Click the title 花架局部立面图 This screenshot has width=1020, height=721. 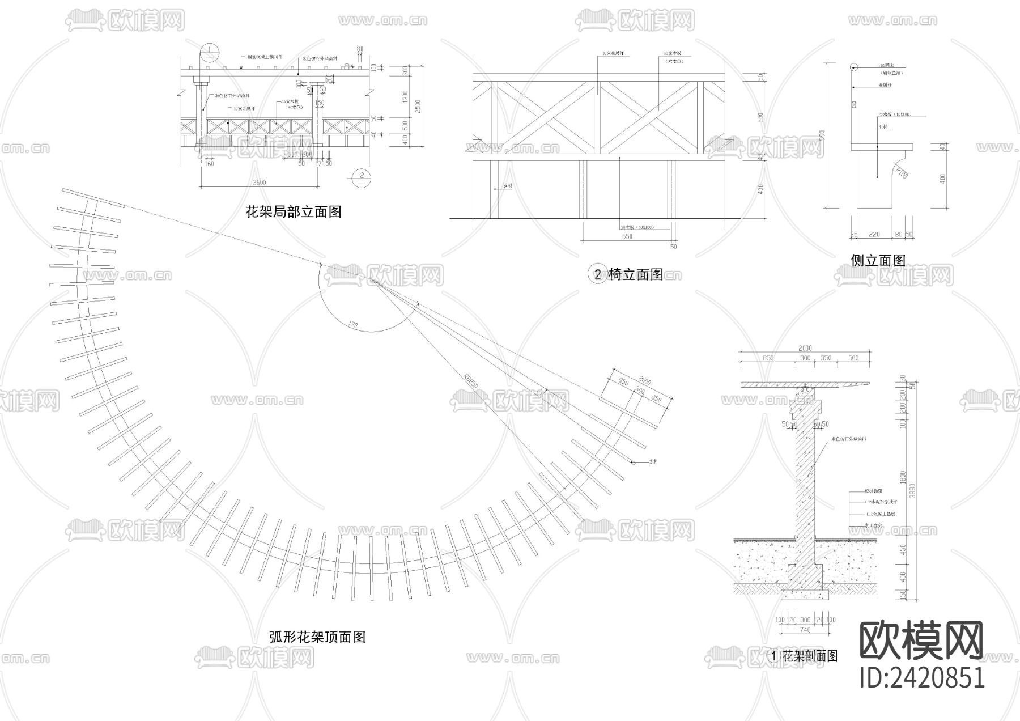coord(293,212)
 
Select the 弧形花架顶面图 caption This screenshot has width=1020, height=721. coord(317,637)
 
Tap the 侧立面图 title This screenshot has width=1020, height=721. coord(878,260)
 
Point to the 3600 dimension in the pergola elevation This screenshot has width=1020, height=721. coord(259,183)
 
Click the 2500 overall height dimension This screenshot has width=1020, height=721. coord(418,105)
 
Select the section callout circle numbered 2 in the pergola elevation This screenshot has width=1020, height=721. coord(361,177)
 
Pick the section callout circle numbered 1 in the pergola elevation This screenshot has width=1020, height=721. coord(209,53)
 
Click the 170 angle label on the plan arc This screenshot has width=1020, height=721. coord(353,325)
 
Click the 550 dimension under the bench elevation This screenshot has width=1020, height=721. coord(627,236)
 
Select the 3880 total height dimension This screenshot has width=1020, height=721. coord(912,488)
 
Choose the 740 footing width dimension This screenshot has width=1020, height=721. coord(805,629)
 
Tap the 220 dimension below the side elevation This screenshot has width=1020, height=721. coord(874,234)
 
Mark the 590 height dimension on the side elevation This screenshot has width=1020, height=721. coord(838,136)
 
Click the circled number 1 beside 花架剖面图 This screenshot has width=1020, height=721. coord(774,656)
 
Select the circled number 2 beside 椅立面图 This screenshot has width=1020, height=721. coord(597,275)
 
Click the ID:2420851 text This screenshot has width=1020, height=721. coord(922,678)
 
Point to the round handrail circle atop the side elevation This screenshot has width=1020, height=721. coord(853,68)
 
